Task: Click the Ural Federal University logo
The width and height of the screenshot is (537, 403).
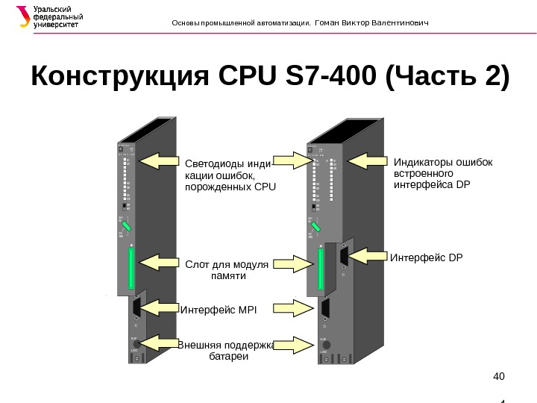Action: click(48, 17)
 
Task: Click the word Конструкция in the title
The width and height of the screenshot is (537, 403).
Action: click(119, 76)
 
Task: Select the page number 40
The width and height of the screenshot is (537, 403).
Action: click(499, 375)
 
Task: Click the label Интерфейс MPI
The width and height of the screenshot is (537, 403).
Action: click(218, 308)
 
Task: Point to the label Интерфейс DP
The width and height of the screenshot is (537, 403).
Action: click(427, 257)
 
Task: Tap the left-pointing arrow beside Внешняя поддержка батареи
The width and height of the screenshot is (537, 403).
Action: click(157, 343)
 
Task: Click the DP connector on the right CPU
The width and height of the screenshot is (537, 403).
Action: click(343, 257)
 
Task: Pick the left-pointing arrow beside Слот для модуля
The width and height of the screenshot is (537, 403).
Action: click(158, 263)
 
